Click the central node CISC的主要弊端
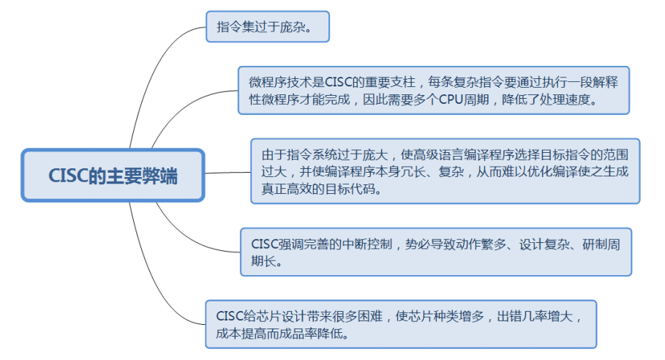[113, 176]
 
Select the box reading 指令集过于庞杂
[268, 27]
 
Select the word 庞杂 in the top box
[300, 27]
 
